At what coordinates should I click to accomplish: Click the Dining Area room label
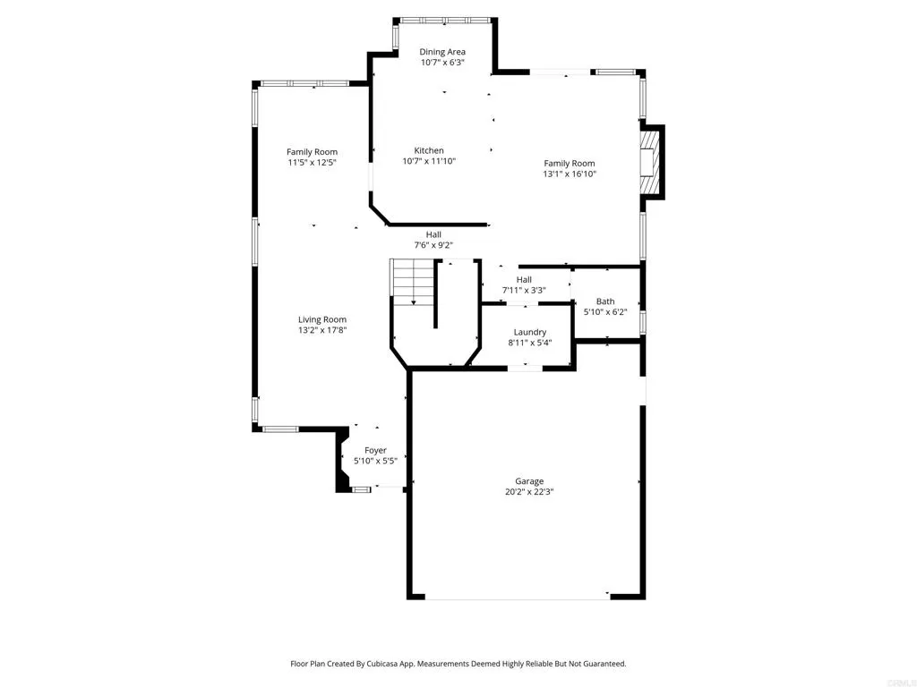[x=442, y=52]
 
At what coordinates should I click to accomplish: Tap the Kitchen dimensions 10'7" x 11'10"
[x=429, y=162]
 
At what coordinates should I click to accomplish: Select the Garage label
[x=528, y=481]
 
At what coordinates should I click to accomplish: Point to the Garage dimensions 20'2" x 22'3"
[x=528, y=492]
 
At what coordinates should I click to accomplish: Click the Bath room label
[x=605, y=301]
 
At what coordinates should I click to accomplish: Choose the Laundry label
[x=529, y=332]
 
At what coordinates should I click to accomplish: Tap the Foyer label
[x=375, y=450]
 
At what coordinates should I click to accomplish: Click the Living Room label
[x=321, y=319]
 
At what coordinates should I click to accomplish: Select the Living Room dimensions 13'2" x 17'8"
[x=321, y=330]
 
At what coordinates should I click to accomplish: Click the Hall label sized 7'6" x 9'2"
[x=433, y=234]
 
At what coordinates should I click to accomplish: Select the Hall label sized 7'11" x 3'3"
[x=524, y=280]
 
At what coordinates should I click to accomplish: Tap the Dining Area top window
[x=444, y=20]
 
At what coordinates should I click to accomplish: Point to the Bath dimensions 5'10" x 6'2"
[x=605, y=312]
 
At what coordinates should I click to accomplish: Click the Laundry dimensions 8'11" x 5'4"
[x=529, y=343]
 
